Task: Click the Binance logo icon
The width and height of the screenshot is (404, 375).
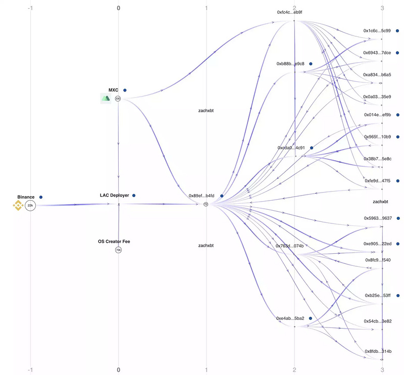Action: pyautogui.click(x=18, y=205)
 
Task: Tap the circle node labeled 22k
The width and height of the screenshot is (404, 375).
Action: pyautogui.click(x=30, y=205)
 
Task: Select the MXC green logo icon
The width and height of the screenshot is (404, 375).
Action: pyautogui.click(x=106, y=98)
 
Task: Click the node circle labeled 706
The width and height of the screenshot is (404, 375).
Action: pyautogui.click(x=118, y=250)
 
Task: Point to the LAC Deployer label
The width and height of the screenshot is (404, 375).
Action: pyautogui.click(x=114, y=195)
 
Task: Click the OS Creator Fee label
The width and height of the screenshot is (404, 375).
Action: pyautogui.click(x=113, y=242)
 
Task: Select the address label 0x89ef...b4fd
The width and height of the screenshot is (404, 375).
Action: pyautogui.click(x=201, y=196)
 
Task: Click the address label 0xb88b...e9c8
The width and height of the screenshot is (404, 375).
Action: pyautogui.click(x=290, y=64)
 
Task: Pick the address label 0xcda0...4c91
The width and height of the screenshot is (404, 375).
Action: pyautogui.click(x=291, y=148)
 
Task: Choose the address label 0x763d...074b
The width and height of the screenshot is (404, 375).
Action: pyautogui.click(x=289, y=246)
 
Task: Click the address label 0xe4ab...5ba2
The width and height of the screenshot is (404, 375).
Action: pyautogui.click(x=290, y=318)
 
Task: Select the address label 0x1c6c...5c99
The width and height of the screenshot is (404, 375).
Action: pyautogui.click(x=377, y=30)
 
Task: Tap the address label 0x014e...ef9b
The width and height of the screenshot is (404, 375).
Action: pyautogui.click(x=378, y=115)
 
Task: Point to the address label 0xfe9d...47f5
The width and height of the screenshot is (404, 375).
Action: pyautogui.click(x=378, y=180)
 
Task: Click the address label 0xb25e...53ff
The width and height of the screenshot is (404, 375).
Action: pyautogui.click(x=378, y=295)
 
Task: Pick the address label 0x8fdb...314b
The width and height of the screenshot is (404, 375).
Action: pyautogui.click(x=378, y=351)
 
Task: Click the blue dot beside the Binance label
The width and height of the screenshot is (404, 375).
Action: pyautogui.click(x=41, y=197)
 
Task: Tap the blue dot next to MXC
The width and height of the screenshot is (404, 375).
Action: pyautogui.click(x=125, y=90)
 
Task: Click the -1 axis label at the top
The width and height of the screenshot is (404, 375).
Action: pyautogui.click(x=31, y=8)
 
